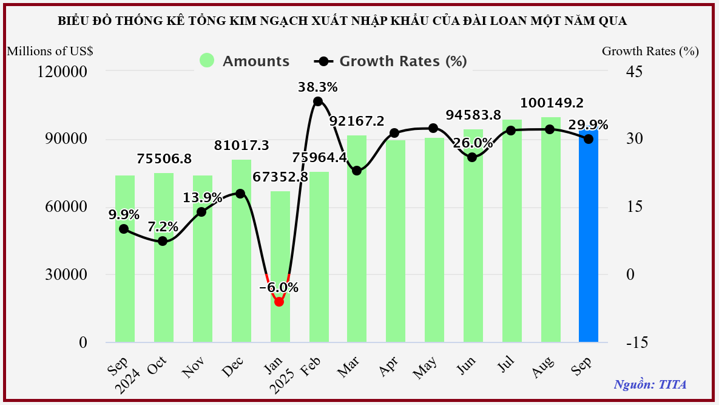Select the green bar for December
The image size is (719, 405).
pyautogui.click(x=241, y=255)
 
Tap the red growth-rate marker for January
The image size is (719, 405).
pyautogui.click(x=279, y=302)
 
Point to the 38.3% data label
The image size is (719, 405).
pyautogui.click(x=317, y=87)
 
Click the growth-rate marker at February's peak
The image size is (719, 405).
pyautogui.click(x=318, y=101)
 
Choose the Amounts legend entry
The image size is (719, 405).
pyautogui.click(x=245, y=61)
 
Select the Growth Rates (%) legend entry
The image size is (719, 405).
pyautogui.click(x=391, y=61)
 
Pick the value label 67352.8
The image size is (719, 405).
pyautogui.click(x=280, y=178)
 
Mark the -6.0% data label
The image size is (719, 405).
pyautogui.click(x=279, y=288)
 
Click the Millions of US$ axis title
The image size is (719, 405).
pyautogui.click(x=50, y=51)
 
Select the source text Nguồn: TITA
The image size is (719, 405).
pyautogui.click(x=650, y=384)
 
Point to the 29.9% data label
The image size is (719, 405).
pyautogui.click(x=589, y=125)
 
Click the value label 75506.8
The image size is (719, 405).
pyautogui.click(x=164, y=159)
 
